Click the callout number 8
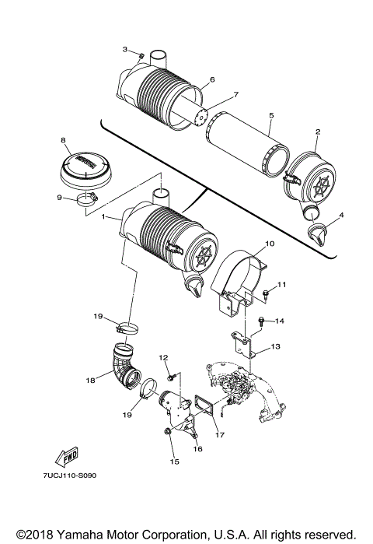point(62,140)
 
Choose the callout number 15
point(174,462)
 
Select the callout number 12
point(164,357)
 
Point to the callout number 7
point(215,95)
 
